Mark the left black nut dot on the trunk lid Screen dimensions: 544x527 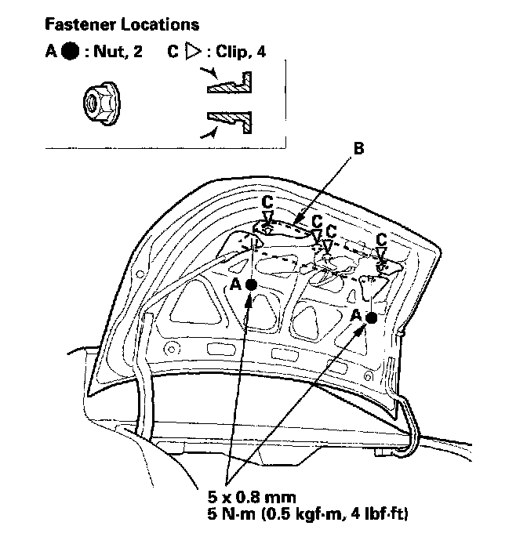[251, 285]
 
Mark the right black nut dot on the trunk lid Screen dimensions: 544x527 [371, 318]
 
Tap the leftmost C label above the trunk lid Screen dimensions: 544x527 [267, 202]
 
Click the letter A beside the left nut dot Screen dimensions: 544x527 [235, 285]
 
